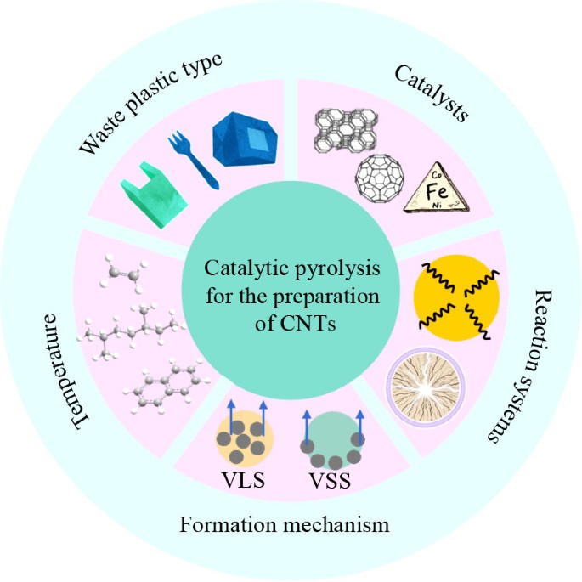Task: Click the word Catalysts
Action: point(431,94)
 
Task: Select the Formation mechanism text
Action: point(284,525)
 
